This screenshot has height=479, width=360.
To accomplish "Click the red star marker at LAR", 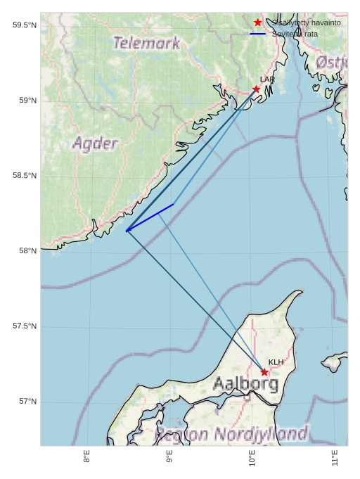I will coord(257,89).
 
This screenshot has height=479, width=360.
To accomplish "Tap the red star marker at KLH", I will coord(264,372).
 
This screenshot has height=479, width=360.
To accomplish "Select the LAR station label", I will coord(267,79).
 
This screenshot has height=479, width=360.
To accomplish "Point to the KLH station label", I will coord(276,362).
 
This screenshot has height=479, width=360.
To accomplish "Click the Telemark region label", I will coord(146,43).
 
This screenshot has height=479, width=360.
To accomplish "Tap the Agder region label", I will coord(95,143).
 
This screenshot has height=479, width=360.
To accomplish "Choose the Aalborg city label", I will coord(245,384).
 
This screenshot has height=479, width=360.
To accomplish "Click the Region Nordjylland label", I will coord(231,434).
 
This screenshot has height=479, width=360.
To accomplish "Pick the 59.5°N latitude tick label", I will coord(24,25).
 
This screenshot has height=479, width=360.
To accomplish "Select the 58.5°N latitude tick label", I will coord(24,176).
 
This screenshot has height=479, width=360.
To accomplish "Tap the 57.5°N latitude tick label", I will coord(24,326).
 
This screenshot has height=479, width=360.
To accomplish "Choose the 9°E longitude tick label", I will coord(169,458).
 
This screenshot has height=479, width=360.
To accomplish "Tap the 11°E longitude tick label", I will coord(335,458).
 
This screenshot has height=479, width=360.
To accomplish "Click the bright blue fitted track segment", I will coord(150,217).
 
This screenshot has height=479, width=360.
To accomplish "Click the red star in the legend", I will coord(258,23).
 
